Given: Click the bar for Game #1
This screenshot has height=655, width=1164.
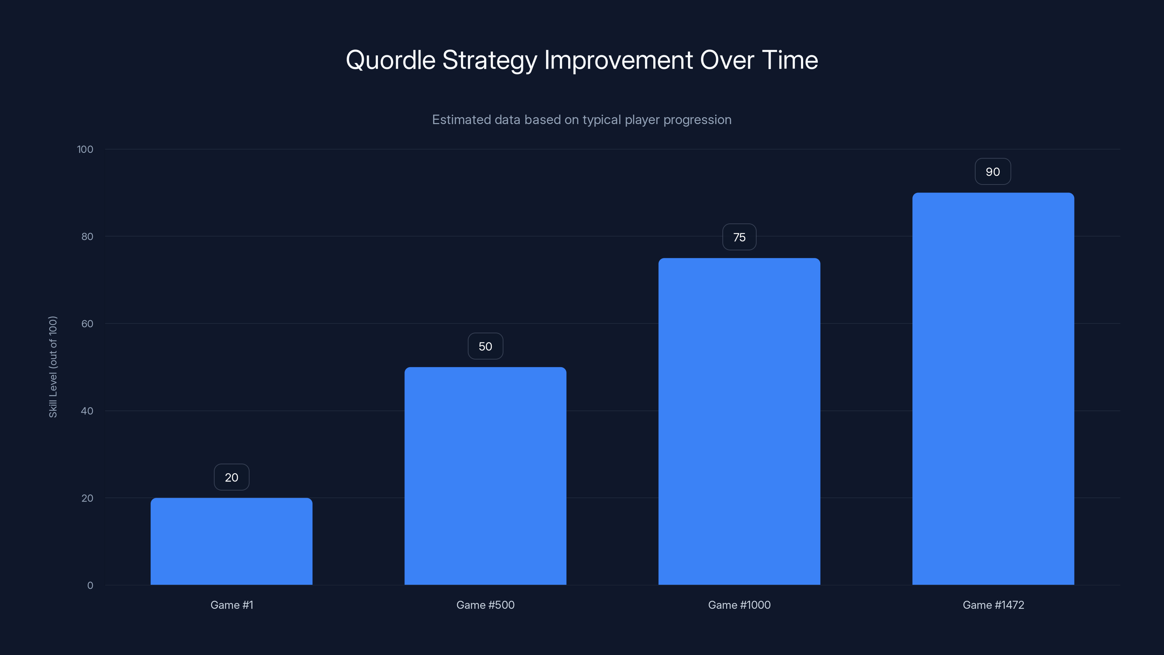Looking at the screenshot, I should [231, 541].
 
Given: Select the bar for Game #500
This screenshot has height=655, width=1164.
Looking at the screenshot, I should [485, 476].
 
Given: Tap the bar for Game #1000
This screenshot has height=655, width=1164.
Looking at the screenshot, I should [739, 421].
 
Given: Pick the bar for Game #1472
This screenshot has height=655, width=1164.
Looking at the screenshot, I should [993, 389].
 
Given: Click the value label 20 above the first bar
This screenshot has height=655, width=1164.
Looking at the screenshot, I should [231, 477].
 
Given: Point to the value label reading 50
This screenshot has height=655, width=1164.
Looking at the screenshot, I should [485, 346].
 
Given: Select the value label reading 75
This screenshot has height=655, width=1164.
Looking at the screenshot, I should [739, 237].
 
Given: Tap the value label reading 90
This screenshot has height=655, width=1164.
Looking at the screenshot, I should [993, 172].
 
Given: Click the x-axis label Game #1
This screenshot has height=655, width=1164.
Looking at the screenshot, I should [232, 605].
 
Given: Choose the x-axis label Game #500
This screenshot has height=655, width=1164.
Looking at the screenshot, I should [485, 605].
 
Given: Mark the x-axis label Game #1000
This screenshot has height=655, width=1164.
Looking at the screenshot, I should [739, 605].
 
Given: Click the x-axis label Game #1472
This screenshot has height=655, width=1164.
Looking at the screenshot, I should [993, 605].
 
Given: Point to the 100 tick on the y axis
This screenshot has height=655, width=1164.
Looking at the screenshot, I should [85, 149].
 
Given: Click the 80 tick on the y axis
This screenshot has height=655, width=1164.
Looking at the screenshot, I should [87, 237].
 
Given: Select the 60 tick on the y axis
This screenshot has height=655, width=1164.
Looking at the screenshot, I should [87, 323].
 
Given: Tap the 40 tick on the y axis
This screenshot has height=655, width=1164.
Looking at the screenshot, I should [87, 411].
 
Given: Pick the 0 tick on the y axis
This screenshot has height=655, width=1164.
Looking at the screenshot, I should [90, 585].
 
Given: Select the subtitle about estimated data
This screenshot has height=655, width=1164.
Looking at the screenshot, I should [582, 120].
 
